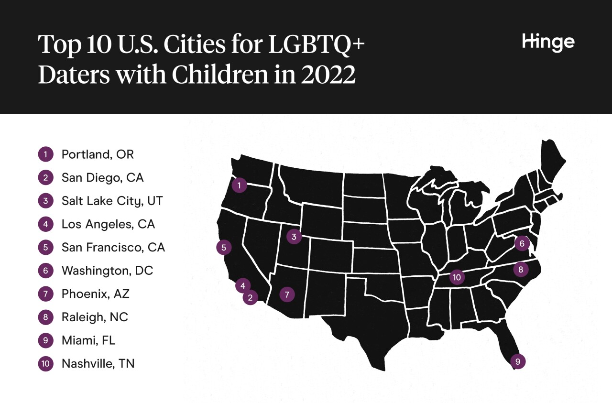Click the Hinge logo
click(x=548, y=43)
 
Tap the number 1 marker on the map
click(x=239, y=185)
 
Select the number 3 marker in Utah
click(x=294, y=236)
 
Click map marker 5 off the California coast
click(x=223, y=247)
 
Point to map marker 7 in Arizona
click(x=286, y=294)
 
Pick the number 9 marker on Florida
click(x=517, y=361)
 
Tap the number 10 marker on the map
click(x=457, y=276)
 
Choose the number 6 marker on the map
click(x=522, y=243)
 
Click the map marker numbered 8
click(x=521, y=269)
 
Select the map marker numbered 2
click(x=250, y=297)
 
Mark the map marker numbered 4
click(x=243, y=285)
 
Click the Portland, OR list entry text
click(x=98, y=154)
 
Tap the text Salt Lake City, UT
click(x=112, y=201)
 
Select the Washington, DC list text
click(x=107, y=271)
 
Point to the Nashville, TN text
click(x=98, y=363)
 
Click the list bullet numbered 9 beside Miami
click(x=45, y=340)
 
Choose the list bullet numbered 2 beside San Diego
click(x=45, y=178)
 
